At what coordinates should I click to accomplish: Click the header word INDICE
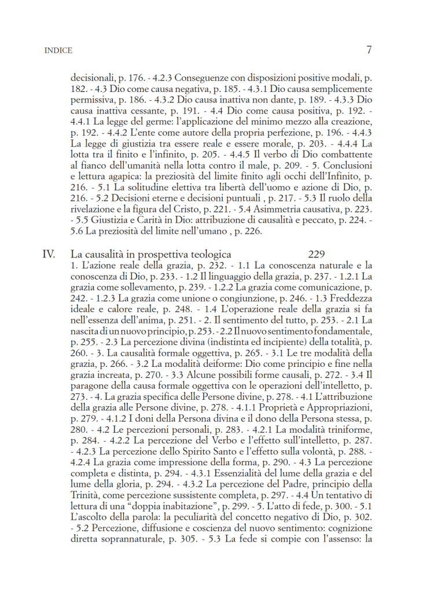tap(58, 50)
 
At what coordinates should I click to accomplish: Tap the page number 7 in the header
tap(369, 50)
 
